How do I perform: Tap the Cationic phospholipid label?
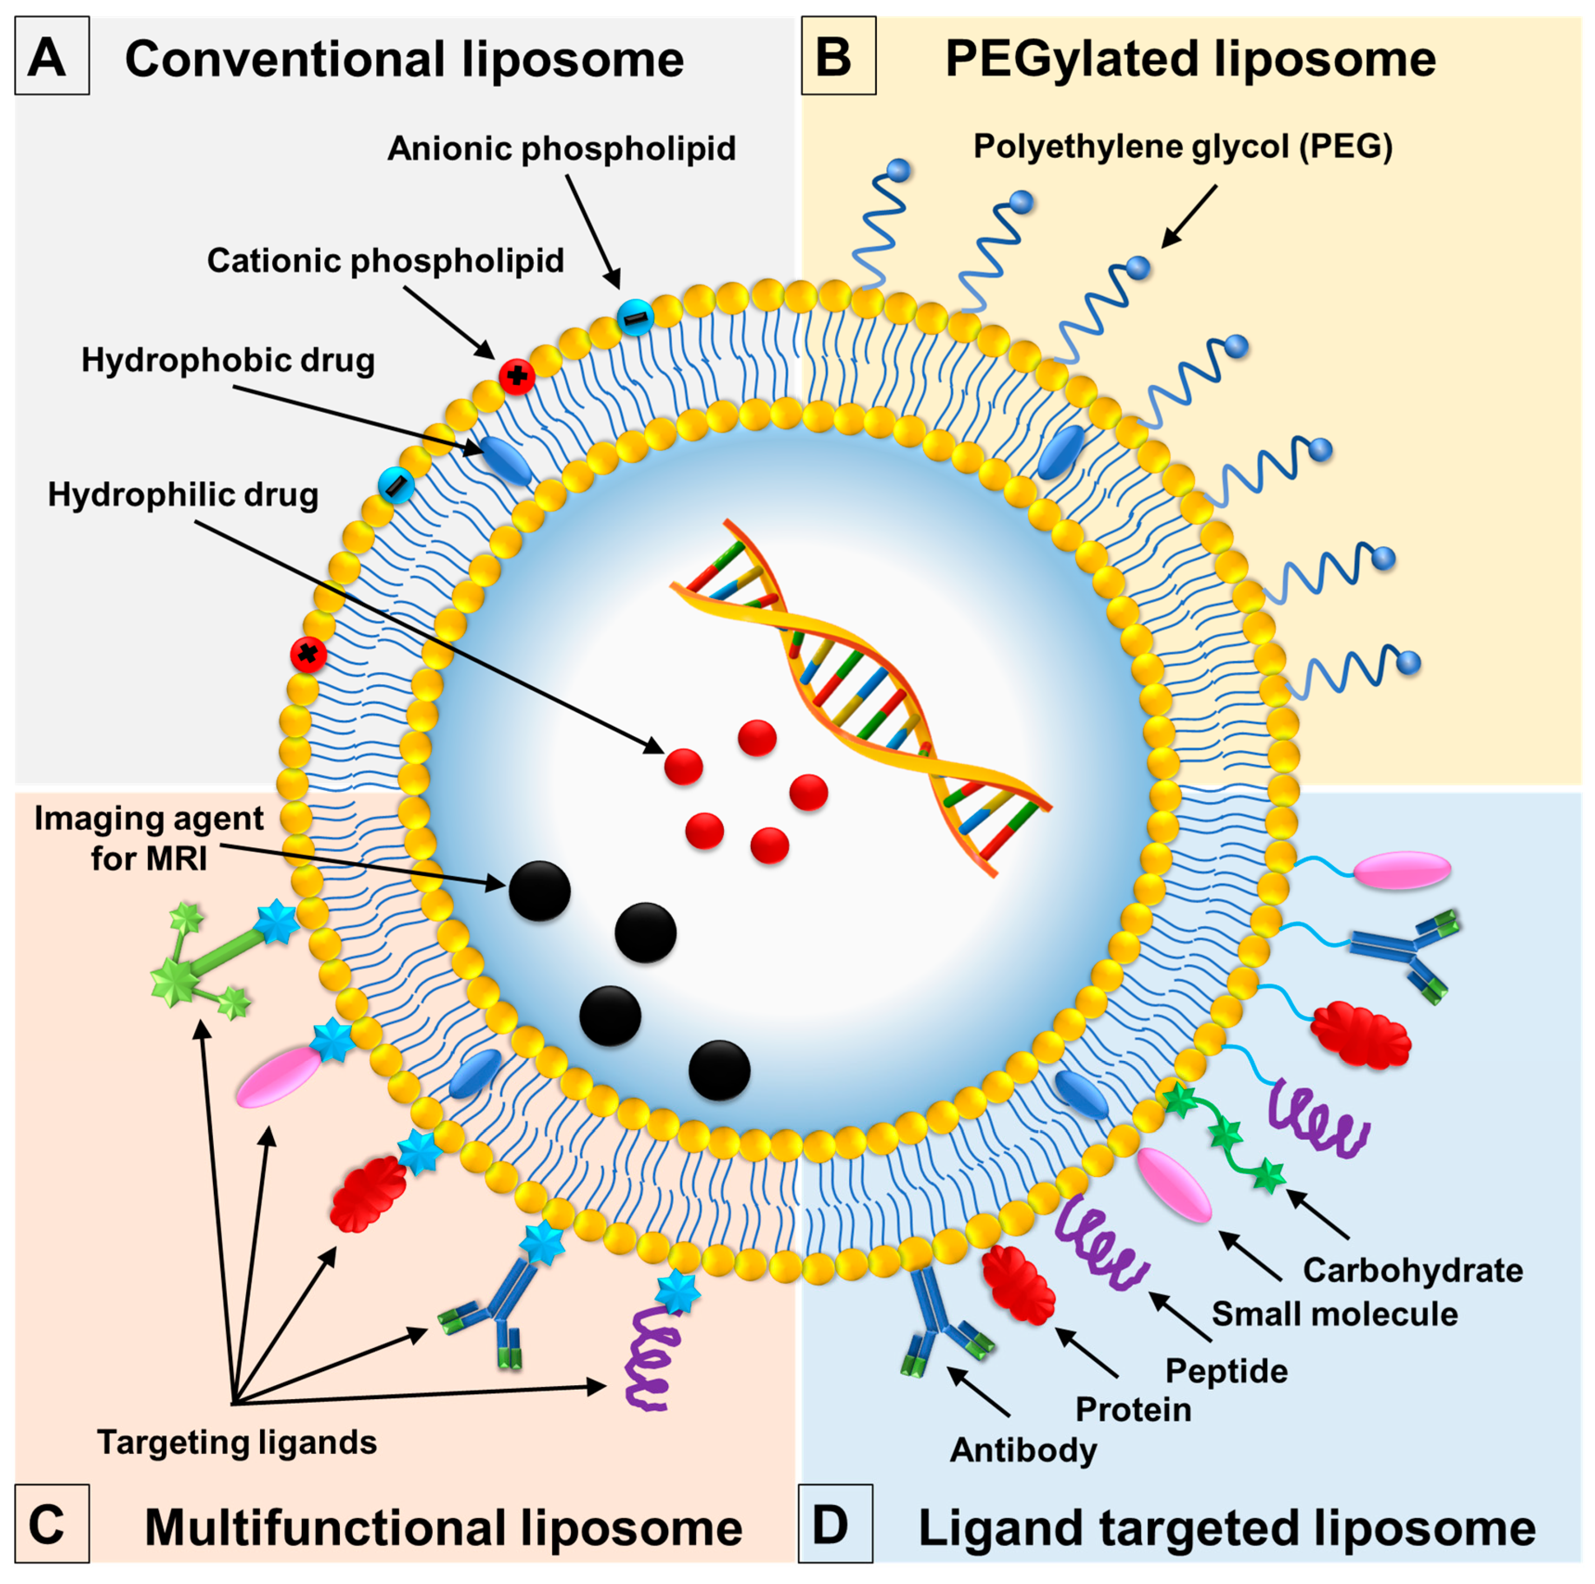pos(385,261)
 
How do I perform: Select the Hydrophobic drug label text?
pos(228,361)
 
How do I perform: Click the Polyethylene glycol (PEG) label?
pos(1183,147)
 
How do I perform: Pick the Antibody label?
pos(1024,1450)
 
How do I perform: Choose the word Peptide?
pos(1226,1371)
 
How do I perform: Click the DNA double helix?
pos(859,697)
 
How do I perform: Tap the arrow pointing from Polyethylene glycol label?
pos(1189,216)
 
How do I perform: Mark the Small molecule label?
pos(1334,1314)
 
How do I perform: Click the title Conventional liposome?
pos(404,59)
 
